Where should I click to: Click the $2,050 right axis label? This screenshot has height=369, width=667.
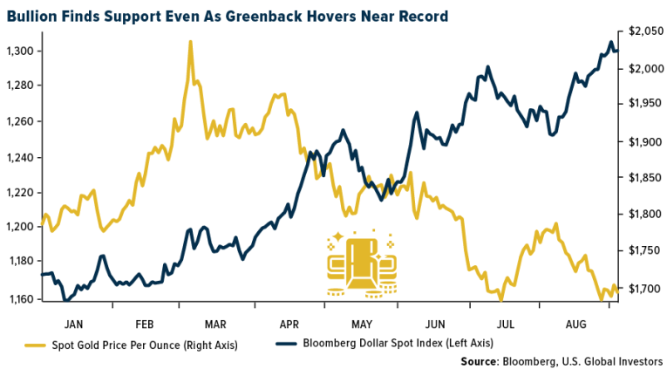(x=642, y=31)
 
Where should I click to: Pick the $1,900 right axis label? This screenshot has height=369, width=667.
(x=642, y=142)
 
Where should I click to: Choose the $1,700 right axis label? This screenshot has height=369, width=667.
(x=642, y=289)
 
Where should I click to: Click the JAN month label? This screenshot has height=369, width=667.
(x=75, y=319)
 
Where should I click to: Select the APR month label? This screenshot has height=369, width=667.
(x=289, y=319)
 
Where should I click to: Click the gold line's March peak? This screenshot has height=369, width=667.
(x=190, y=42)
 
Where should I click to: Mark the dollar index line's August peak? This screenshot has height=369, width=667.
(x=610, y=42)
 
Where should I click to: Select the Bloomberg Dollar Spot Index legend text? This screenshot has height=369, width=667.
(x=398, y=344)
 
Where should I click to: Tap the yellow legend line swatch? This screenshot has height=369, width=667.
(x=37, y=344)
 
